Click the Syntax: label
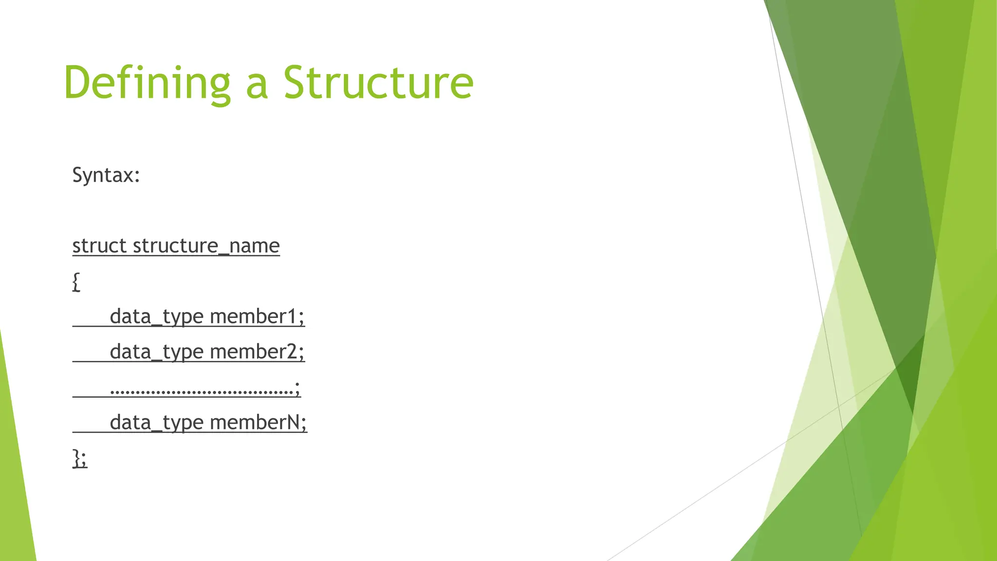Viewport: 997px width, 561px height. (x=106, y=175)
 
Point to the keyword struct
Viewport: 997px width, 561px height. (x=99, y=246)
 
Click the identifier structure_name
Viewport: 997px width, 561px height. (x=206, y=246)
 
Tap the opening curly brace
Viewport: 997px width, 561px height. (x=76, y=281)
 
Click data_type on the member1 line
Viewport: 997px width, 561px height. (x=156, y=317)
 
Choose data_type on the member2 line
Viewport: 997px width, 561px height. (x=156, y=352)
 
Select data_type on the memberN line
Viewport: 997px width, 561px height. (x=156, y=423)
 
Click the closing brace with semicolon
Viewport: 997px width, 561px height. (x=80, y=458)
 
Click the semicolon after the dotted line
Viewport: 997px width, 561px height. (x=297, y=388)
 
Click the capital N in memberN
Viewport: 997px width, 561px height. (x=293, y=422)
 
